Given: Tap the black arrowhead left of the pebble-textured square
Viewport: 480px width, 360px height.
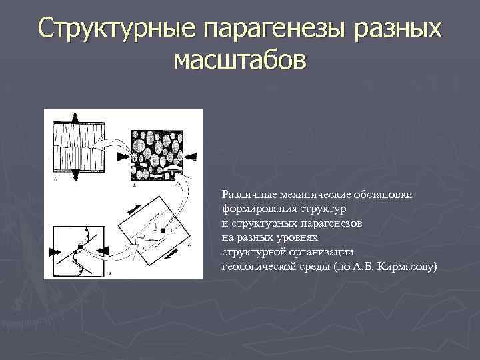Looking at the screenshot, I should pyautogui.click(x=124, y=156).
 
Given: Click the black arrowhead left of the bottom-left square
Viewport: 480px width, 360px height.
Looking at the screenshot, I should pyautogui.click(x=51, y=251).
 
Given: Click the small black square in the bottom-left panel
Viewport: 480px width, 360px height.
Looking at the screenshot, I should pyautogui.click(x=78, y=247).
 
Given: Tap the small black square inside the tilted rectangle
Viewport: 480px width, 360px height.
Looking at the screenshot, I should pyautogui.click(x=162, y=231).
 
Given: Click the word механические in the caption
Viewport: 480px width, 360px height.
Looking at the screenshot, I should pyautogui.click(x=309, y=194).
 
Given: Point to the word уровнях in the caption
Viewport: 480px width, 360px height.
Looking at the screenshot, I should pyautogui.click(x=298, y=237).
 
